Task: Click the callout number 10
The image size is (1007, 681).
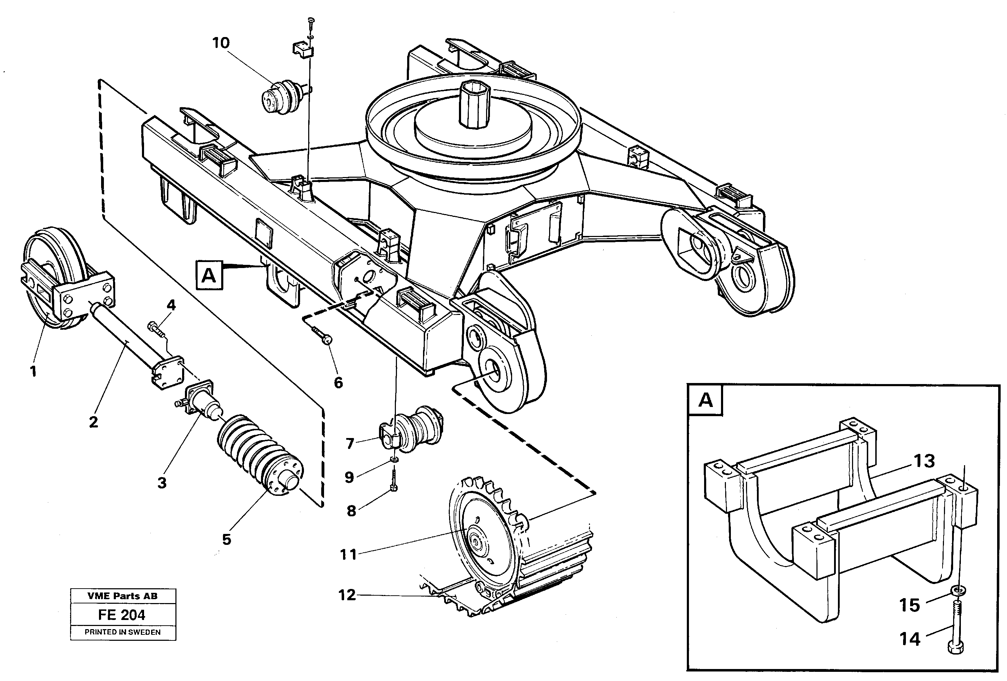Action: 220,43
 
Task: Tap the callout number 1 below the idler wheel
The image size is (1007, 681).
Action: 33,372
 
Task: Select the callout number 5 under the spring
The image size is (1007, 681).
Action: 226,540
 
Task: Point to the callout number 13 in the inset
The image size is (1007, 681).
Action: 924,461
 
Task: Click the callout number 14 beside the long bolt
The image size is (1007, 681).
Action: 909,639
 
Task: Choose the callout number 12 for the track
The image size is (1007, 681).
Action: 347,595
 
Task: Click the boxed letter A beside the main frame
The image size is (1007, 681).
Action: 209,275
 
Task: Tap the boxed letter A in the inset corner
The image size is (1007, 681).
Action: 706,400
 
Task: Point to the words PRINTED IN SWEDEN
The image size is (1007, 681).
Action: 123,632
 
